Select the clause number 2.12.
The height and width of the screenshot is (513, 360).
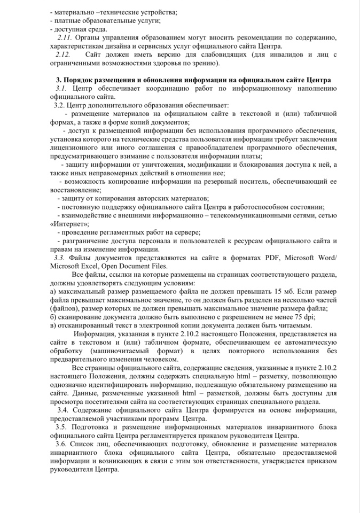(x=62, y=55)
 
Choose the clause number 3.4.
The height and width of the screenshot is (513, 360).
(x=64, y=410)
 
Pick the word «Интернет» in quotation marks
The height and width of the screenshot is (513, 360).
(x=69, y=223)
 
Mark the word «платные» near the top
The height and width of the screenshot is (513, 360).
(x=66, y=20)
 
